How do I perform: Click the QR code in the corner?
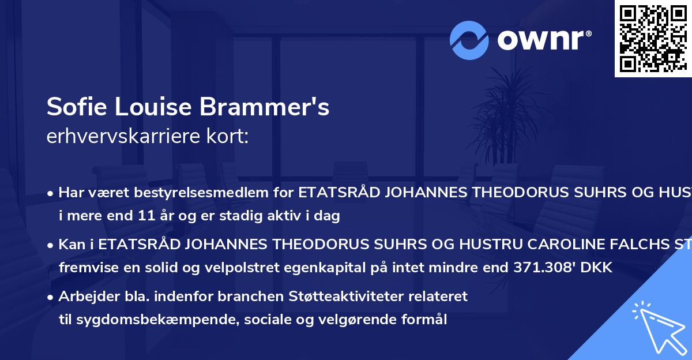click(653, 38)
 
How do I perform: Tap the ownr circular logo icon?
click(469, 40)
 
